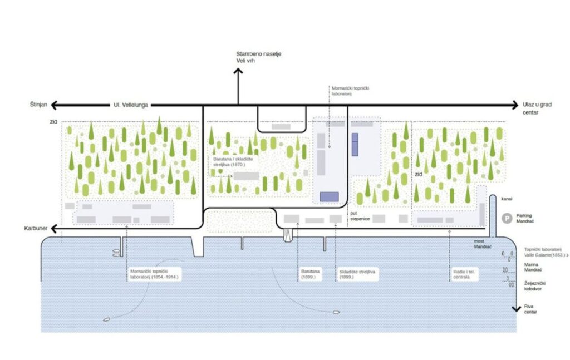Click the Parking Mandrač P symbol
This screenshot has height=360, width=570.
click(507, 219)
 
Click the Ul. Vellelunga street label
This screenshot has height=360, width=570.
click(131, 105)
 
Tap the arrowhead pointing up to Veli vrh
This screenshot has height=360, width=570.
click(238, 72)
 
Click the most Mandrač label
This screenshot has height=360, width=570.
click(483, 243)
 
